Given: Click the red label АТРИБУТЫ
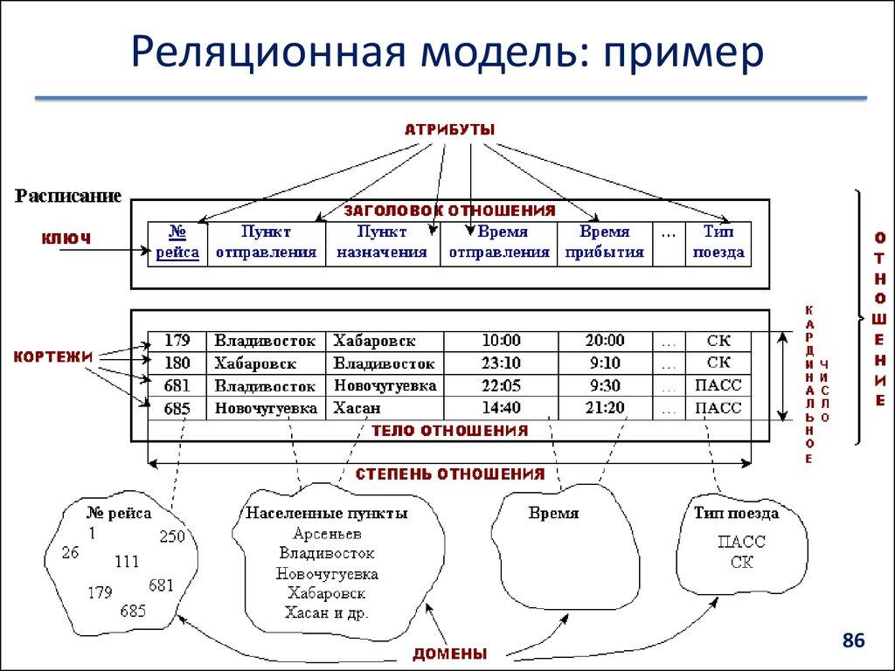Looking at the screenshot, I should (x=449, y=129).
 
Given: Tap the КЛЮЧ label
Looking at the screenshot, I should (x=66, y=237).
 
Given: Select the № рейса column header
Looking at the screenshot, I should (x=178, y=242).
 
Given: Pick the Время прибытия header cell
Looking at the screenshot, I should (x=604, y=242).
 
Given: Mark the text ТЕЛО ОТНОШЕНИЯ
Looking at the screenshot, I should (x=449, y=431).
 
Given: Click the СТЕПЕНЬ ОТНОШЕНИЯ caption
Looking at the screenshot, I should (x=449, y=474).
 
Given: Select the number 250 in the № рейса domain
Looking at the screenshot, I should (x=172, y=536).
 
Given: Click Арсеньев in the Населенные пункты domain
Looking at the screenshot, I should (x=327, y=533).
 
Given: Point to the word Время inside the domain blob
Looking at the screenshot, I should (x=553, y=514).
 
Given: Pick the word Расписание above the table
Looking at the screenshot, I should (x=67, y=196).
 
